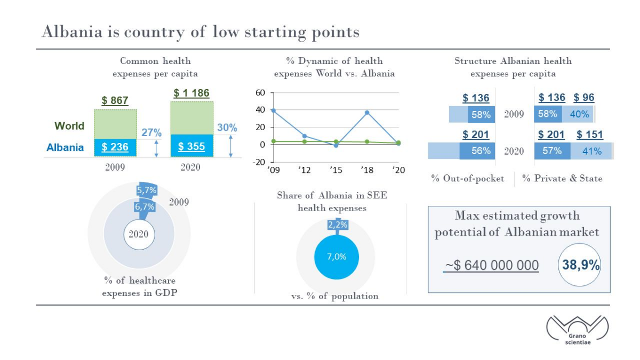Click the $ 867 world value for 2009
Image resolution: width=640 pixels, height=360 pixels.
[x=115, y=101]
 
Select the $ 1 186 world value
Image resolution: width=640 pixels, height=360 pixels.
[x=191, y=93]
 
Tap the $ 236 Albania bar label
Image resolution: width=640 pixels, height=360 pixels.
[x=115, y=147]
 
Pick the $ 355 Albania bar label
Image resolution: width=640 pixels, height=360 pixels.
[x=191, y=147]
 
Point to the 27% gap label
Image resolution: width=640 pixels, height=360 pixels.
[x=151, y=133]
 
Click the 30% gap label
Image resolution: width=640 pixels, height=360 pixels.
[x=227, y=127]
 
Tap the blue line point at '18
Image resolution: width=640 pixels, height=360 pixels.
[x=367, y=113]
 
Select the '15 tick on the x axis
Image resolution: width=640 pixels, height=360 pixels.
[x=335, y=170]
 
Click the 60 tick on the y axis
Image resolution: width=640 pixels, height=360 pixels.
[x=260, y=93]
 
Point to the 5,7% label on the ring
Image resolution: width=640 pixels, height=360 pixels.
[x=147, y=190]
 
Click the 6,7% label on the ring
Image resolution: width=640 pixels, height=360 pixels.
[x=145, y=206]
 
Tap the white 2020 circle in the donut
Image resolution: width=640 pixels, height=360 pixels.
[x=139, y=235]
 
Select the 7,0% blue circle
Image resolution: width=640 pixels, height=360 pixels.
[x=337, y=257]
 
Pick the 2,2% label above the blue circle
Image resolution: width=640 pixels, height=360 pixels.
[x=338, y=225]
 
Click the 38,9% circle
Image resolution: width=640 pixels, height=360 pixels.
[x=579, y=265]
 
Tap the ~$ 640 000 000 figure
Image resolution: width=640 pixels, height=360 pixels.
[x=491, y=265]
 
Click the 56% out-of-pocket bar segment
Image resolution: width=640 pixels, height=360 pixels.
[x=477, y=151]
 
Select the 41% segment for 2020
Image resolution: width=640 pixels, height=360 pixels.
[x=591, y=151]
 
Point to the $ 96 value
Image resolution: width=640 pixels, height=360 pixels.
[x=583, y=98]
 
